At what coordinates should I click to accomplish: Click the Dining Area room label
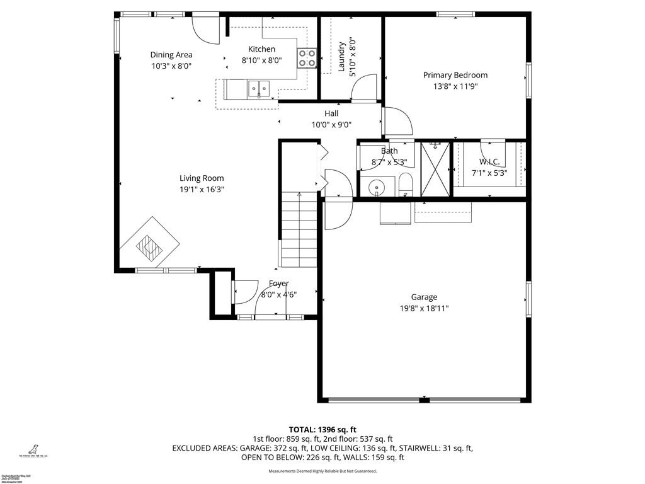pyautogui.click(x=171, y=55)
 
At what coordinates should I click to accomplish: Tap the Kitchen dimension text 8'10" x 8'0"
pyautogui.click(x=261, y=60)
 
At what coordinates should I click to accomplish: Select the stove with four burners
pyautogui.click(x=307, y=58)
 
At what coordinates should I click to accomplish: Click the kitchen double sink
pyautogui.click(x=258, y=88)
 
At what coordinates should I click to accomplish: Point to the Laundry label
pyautogui.click(x=341, y=57)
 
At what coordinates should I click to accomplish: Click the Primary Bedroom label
pyautogui.click(x=455, y=76)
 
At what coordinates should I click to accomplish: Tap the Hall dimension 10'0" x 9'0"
pyautogui.click(x=331, y=125)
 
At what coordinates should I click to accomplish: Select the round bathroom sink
pyautogui.click(x=377, y=187)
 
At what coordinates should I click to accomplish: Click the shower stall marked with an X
pyautogui.click(x=435, y=169)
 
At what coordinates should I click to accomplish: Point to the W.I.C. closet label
pyautogui.click(x=489, y=162)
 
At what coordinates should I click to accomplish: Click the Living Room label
pyautogui.click(x=202, y=178)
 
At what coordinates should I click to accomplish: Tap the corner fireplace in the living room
pyautogui.click(x=150, y=246)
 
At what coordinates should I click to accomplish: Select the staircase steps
pyautogui.click(x=299, y=230)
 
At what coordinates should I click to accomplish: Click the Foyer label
pyautogui.click(x=279, y=284)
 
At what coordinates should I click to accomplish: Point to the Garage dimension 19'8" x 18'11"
pyautogui.click(x=424, y=309)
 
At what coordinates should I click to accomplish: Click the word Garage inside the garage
pyautogui.click(x=424, y=297)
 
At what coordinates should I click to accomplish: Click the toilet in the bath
pyautogui.click(x=405, y=187)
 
